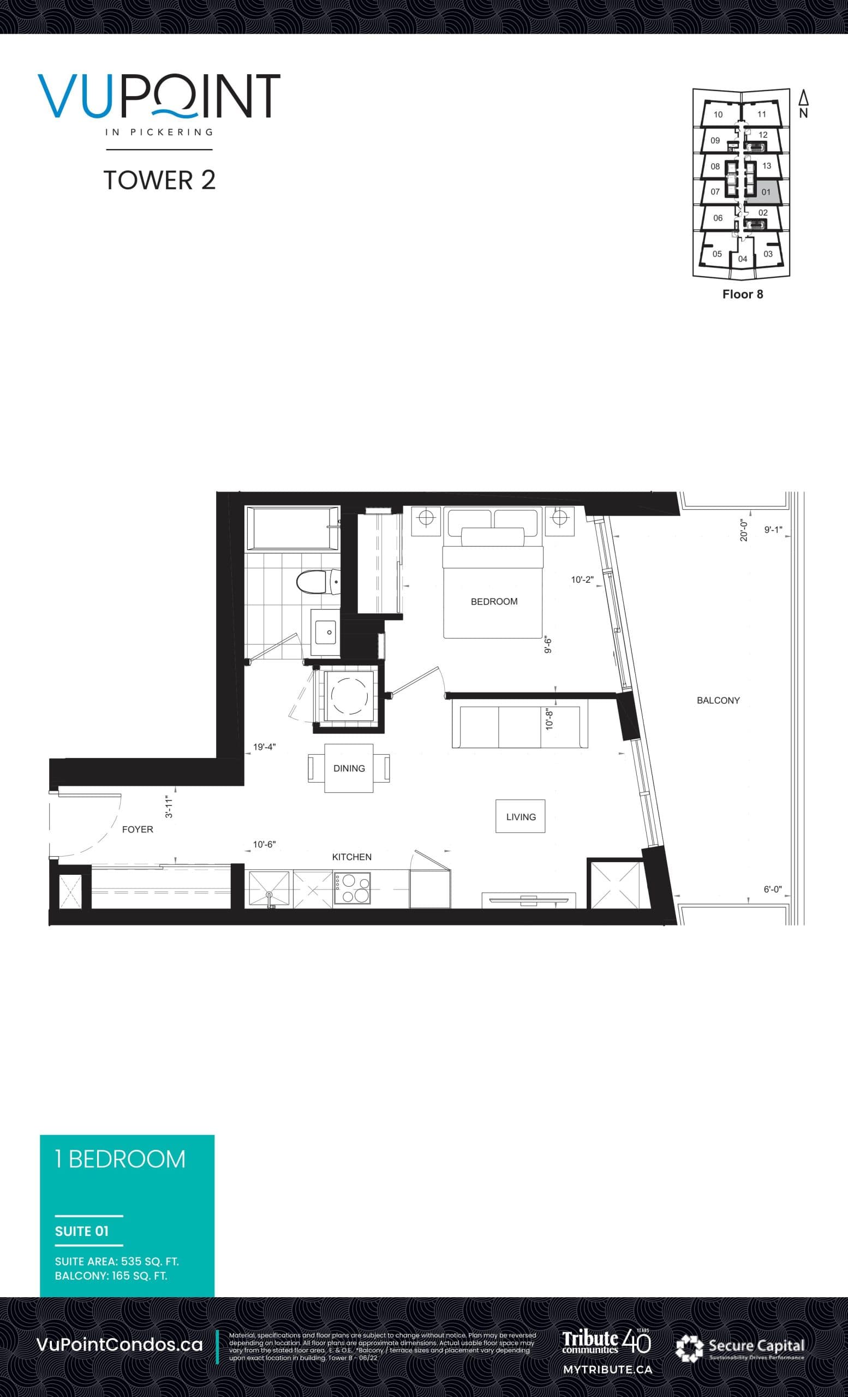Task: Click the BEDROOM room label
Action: [494, 601]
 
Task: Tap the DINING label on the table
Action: [349, 768]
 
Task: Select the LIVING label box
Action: [521, 816]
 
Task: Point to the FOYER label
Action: [137, 829]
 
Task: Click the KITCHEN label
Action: [351, 857]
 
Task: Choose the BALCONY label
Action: [718, 700]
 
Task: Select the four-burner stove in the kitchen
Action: [352, 888]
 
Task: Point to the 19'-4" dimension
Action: [264, 747]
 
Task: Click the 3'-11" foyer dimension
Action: [169, 806]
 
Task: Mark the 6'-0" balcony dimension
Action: [772, 889]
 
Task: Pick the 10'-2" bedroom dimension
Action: [582, 580]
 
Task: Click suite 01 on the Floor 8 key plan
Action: [765, 192]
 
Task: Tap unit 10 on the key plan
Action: [718, 115]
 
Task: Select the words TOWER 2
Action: [159, 180]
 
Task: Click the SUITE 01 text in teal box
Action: [82, 1231]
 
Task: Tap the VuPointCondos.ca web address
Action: [119, 1344]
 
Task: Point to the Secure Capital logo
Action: [740, 1347]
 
